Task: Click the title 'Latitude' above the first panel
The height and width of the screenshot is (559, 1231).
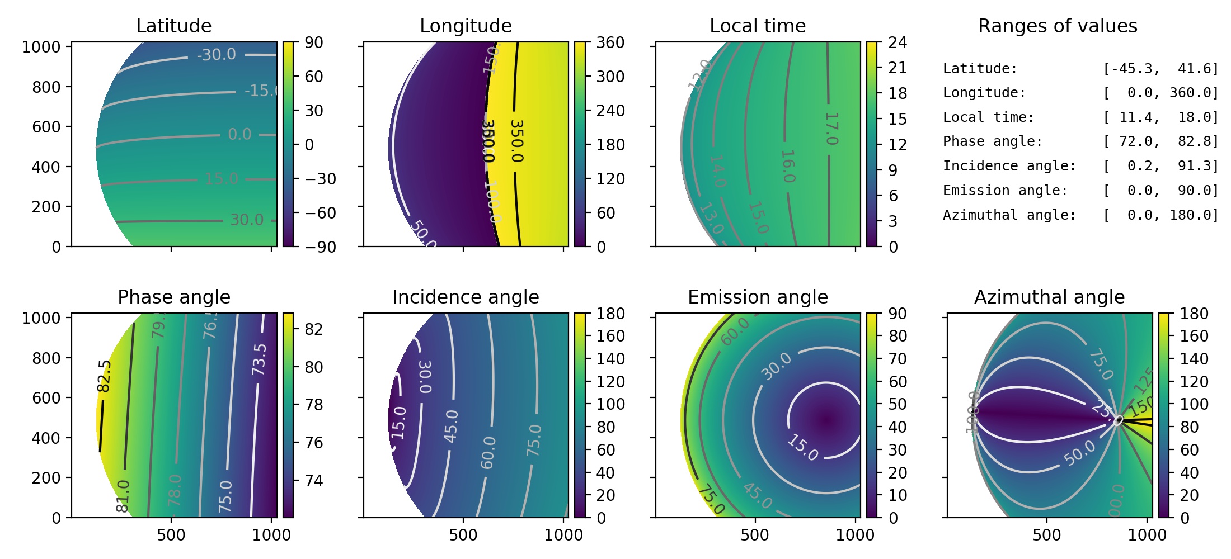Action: [173, 26]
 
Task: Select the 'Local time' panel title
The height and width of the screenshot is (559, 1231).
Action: [758, 26]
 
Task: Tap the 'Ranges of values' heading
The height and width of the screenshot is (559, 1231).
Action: [1058, 26]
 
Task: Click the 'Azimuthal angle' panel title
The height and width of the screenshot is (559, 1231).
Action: [1049, 297]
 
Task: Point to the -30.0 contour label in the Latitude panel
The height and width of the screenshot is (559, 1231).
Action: [216, 55]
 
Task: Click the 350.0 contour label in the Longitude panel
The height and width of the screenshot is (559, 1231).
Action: [517, 141]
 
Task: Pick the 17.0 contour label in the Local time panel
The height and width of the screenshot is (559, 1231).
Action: [831, 129]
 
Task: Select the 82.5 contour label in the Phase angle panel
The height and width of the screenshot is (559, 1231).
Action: [105, 376]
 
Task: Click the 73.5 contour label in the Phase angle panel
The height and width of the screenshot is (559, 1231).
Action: [259, 359]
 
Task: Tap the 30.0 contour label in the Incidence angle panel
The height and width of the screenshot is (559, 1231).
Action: [425, 377]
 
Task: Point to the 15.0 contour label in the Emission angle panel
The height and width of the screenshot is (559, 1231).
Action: [802, 448]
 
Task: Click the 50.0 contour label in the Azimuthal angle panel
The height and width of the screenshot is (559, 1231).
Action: [1079, 453]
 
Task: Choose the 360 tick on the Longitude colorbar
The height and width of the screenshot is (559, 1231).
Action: [610, 43]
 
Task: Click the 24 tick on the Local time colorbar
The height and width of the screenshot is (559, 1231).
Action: [898, 43]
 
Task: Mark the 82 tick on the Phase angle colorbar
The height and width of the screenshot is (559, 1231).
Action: [314, 329]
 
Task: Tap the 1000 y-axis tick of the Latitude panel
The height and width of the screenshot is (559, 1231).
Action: [41, 47]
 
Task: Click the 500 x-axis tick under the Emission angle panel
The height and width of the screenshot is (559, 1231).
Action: [754, 535]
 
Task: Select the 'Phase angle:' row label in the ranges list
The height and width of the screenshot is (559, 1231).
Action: [993, 141]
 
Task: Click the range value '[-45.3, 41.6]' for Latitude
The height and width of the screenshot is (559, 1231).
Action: [1160, 69]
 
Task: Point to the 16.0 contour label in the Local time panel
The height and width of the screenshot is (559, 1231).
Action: [788, 166]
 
